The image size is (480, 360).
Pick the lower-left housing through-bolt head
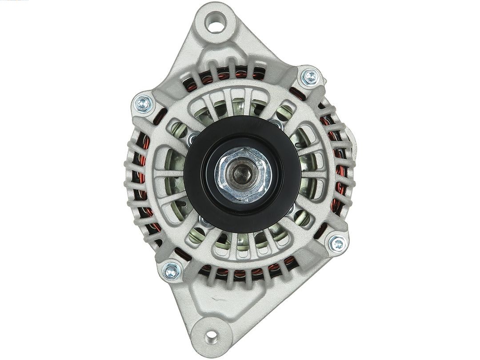[171, 270]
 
